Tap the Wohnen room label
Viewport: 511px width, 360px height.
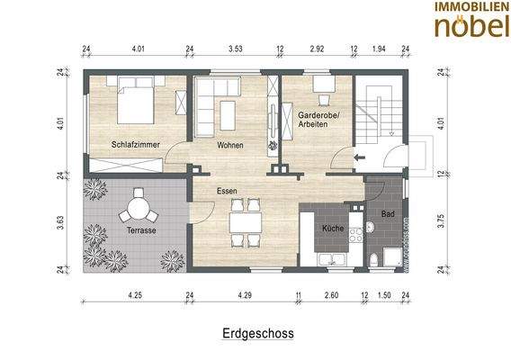(231, 144)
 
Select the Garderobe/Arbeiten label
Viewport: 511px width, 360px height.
(312, 120)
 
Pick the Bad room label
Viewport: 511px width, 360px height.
(388, 215)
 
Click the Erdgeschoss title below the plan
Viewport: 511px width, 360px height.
(257, 332)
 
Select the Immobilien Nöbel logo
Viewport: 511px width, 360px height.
(467, 20)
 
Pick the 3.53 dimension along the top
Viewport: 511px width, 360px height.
(235, 49)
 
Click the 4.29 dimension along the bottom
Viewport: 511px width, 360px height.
(245, 294)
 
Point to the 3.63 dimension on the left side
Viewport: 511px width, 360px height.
(62, 221)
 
